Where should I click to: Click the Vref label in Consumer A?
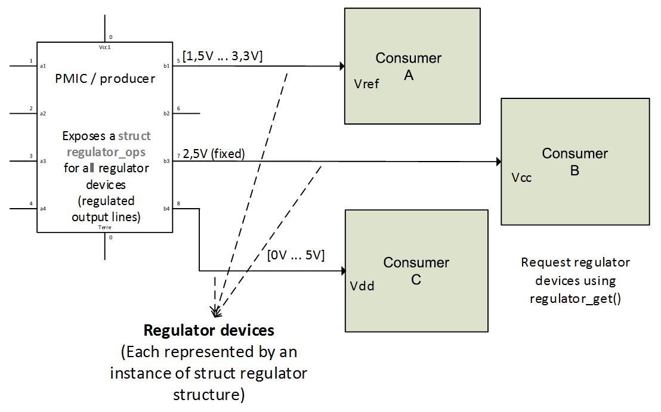366,84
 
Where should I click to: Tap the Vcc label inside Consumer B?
521,178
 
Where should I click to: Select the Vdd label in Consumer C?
362,286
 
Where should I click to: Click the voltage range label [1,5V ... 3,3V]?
223,56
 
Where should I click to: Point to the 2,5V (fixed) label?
214,154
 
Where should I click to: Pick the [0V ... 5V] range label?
296,255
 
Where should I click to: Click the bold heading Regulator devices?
209,330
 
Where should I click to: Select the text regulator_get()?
575,299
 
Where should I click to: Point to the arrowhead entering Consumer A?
342,66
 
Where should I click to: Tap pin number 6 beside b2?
178,108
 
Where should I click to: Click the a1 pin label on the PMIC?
43,66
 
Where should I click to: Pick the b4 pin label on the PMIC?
166,208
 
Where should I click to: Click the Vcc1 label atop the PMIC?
105,47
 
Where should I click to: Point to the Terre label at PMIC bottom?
105,227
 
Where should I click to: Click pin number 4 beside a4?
31,204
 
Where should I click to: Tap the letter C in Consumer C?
416,279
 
